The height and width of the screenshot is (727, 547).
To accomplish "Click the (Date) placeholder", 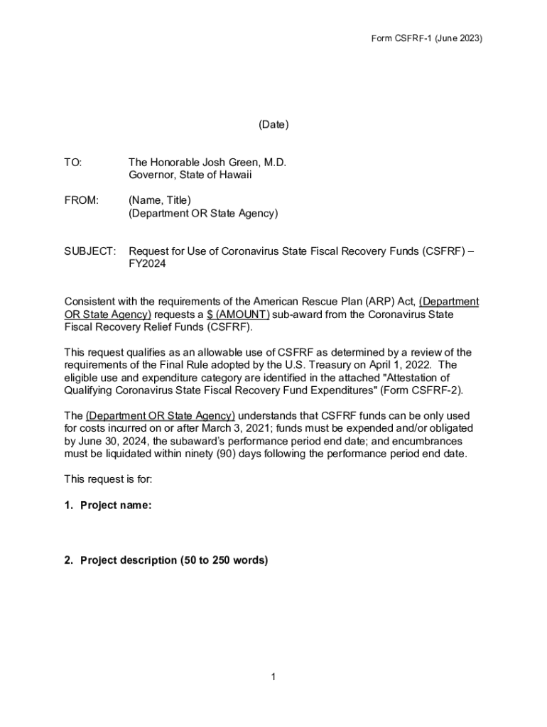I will pyautogui.click(x=273, y=125).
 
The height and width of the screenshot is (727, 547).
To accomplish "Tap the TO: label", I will pyautogui.click(x=73, y=163).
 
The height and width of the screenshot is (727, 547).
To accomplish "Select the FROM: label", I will pyautogui.click(x=82, y=200).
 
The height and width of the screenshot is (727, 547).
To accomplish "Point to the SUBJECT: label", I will pyautogui.click(x=90, y=251).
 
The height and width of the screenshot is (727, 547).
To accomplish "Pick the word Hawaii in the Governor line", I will pyautogui.click(x=237, y=175).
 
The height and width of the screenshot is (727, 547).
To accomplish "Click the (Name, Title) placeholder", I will pyautogui.click(x=160, y=200).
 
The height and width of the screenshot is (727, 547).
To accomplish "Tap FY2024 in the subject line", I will pyautogui.click(x=147, y=263).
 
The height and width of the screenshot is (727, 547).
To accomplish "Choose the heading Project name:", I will pyautogui.click(x=115, y=505).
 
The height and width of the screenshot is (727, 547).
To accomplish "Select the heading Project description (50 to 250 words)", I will pyautogui.click(x=174, y=560).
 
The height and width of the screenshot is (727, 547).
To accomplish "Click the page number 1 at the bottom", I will pyautogui.click(x=273, y=677).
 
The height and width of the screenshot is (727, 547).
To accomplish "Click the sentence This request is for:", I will pyautogui.click(x=108, y=479).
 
